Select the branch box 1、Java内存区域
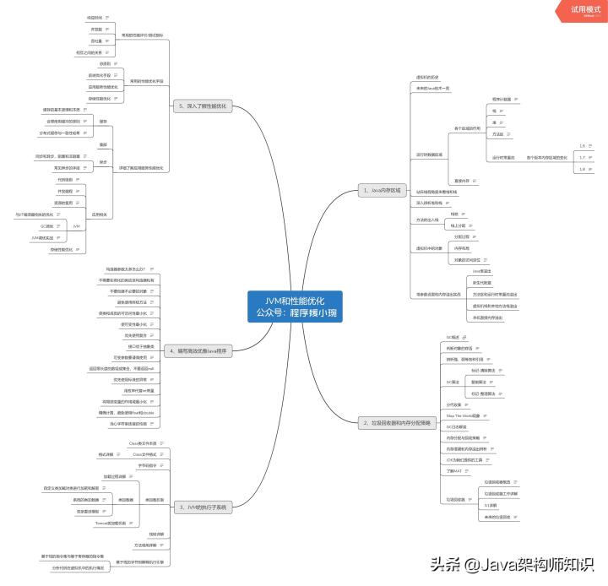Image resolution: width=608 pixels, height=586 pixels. pyautogui.click(x=383, y=189)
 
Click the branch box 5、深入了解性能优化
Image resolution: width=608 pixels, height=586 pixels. pyautogui.click(x=202, y=106)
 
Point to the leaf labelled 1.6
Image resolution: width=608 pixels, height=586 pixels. pyautogui.click(x=582, y=146)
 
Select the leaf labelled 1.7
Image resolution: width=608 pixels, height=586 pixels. pyautogui.click(x=582, y=157)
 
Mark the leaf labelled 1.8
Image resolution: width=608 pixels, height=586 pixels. pyautogui.click(x=582, y=169)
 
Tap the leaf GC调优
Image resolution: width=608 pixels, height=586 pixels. pyautogui.click(x=47, y=226)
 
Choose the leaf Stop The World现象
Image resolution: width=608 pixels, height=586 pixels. pyautogui.click(x=463, y=416)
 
